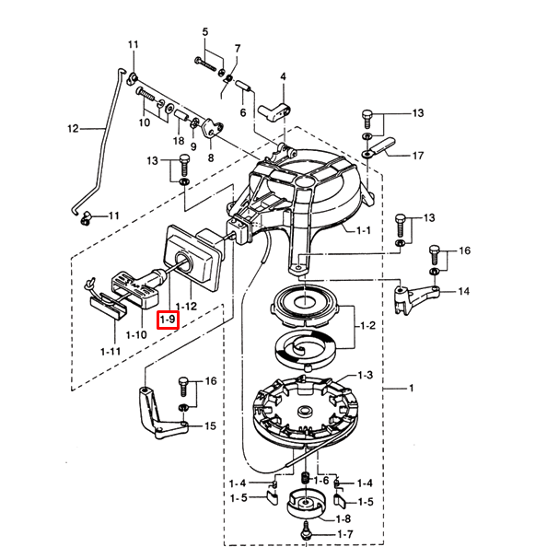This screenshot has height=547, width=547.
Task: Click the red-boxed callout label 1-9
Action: click(x=168, y=320)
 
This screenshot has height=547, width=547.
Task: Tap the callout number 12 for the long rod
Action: click(x=73, y=129)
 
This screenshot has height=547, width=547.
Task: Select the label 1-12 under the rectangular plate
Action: click(x=186, y=307)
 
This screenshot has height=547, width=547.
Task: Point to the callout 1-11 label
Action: click(x=111, y=352)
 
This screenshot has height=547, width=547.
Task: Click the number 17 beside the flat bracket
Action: click(x=418, y=156)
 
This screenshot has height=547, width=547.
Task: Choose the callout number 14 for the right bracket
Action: click(x=463, y=291)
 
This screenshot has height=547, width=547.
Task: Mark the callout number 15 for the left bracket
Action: click(x=210, y=426)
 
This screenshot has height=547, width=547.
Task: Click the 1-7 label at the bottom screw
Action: click(x=345, y=534)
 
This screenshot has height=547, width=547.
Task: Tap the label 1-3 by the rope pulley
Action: click(x=366, y=376)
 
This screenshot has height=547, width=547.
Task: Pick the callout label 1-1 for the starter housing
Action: click(x=364, y=230)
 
